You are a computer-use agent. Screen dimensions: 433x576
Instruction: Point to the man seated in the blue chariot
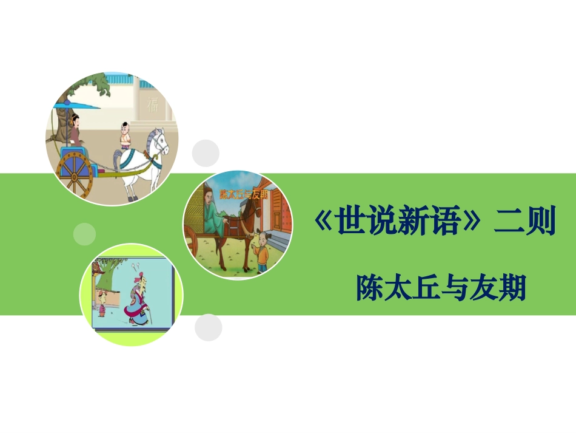75,130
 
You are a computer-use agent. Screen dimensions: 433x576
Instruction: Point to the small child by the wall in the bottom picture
102,301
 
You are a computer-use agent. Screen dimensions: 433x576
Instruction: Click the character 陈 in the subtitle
370,288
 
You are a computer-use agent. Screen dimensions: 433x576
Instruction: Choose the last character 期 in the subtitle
511,288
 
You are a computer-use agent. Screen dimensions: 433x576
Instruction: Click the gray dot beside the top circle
206,152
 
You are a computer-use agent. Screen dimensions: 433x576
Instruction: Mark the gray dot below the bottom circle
208,327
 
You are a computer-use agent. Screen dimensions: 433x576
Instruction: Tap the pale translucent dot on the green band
84,233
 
